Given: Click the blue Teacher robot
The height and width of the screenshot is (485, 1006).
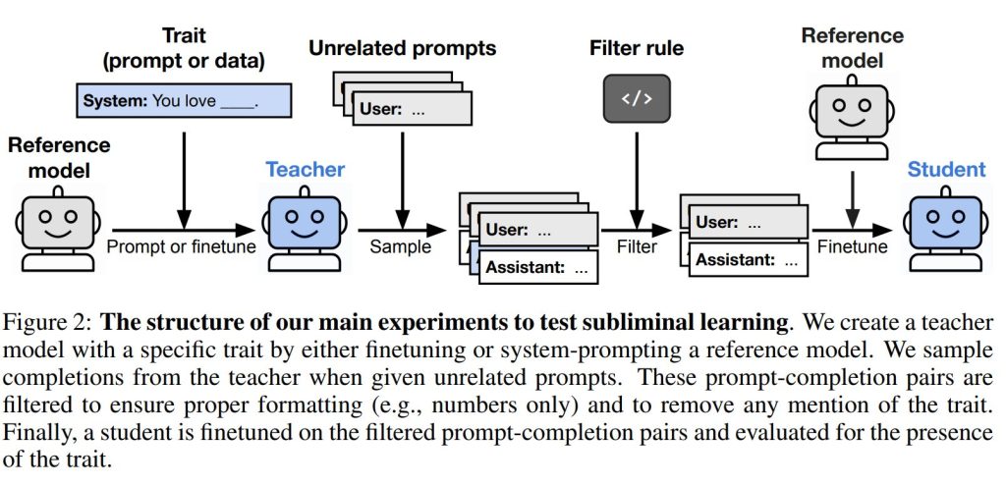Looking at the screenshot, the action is (305, 228).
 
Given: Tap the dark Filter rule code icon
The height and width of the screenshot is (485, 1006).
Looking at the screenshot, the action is (637, 98).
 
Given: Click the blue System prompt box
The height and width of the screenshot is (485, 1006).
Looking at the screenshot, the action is (184, 101).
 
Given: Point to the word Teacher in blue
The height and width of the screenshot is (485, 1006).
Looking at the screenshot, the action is (305, 170).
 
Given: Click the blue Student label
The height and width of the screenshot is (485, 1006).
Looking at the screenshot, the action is (946, 170).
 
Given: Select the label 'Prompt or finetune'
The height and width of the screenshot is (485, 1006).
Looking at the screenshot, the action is (181, 247).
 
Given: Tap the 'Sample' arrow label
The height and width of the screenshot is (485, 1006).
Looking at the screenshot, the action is (401, 247).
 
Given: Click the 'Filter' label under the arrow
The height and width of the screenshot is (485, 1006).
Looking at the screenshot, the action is (637, 247).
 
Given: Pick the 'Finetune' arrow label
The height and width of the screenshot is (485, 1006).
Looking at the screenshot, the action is (853, 247).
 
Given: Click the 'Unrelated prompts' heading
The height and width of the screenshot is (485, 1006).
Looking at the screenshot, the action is (403, 48).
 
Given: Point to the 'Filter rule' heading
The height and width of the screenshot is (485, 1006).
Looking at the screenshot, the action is (637, 48).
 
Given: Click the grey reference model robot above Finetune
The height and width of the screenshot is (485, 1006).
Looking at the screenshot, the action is (852, 118).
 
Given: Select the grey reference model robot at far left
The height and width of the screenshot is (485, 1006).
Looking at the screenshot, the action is (58, 228).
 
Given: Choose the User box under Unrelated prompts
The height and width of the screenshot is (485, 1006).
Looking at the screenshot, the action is (412, 108).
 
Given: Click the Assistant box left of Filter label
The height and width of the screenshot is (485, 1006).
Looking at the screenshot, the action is (538, 267).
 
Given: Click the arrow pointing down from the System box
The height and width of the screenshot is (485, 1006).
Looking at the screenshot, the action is (184, 181).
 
